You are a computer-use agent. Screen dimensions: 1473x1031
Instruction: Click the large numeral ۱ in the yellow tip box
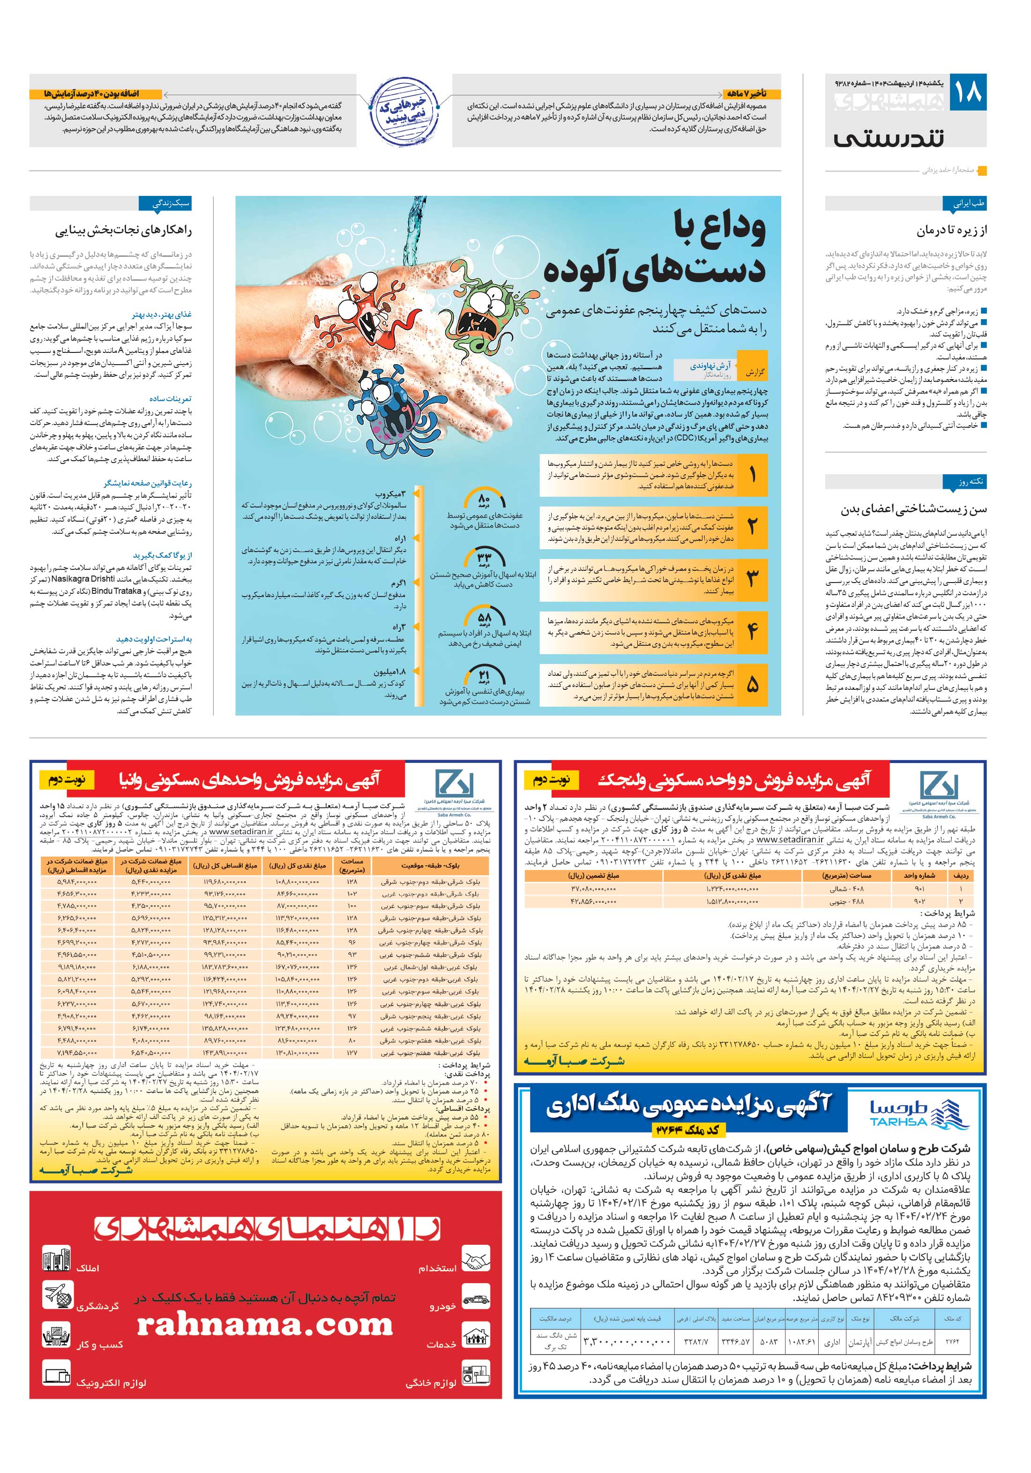point(751,475)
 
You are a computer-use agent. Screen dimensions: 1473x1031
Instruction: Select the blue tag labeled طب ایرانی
point(969,204)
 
